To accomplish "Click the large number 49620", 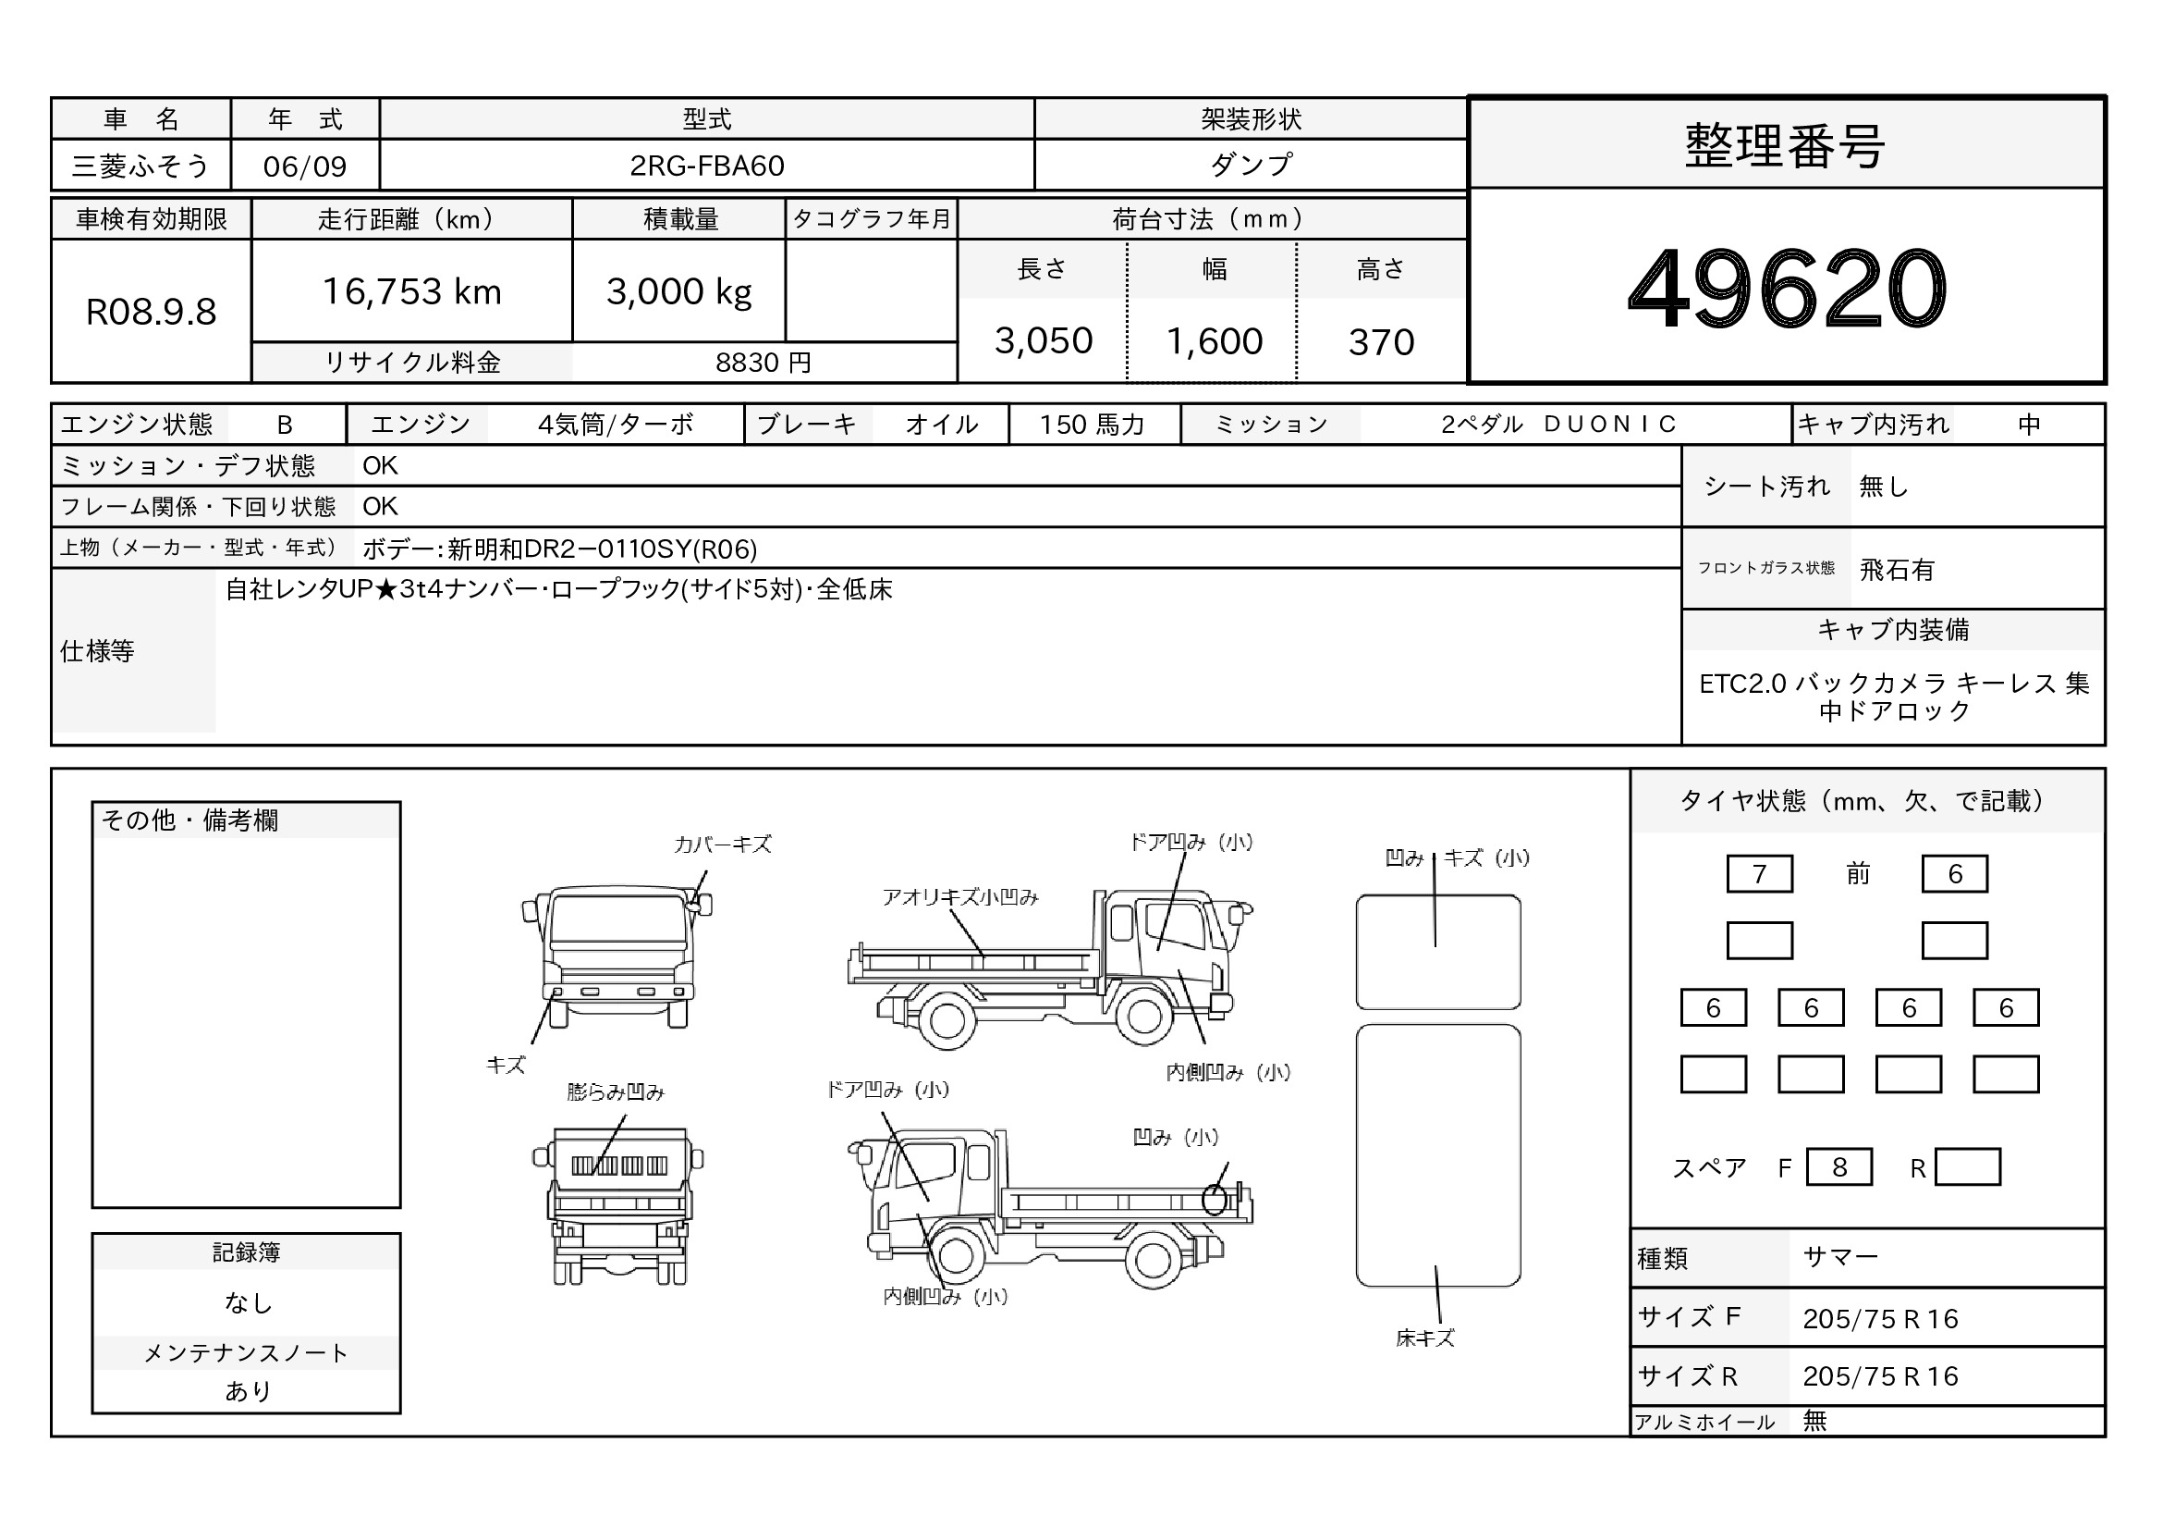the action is pyautogui.click(x=1787, y=289).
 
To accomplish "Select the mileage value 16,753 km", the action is pyautogui.click(x=411, y=292).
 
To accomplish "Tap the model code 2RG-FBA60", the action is pyautogui.click(x=706, y=166).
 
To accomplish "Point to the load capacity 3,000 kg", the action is pyautogui.click(x=679, y=292).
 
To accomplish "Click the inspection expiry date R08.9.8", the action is pyautogui.click(x=151, y=312).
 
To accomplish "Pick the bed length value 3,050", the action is pyautogui.click(x=1044, y=341).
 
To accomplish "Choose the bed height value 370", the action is pyautogui.click(x=1381, y=342).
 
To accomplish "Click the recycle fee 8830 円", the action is pyautogui.click(x=763, y=363).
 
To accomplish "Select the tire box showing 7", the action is pyautogui.click(x=1759, y=874).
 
